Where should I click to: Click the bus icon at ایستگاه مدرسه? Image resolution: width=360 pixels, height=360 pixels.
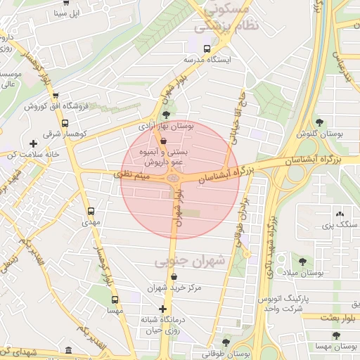pos(207,49)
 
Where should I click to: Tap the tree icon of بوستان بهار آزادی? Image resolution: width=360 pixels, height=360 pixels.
pos(166,114)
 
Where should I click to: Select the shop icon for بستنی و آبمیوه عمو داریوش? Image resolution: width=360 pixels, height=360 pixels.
pos(164,141)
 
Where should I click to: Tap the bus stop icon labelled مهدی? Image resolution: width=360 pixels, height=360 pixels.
pos(91,211)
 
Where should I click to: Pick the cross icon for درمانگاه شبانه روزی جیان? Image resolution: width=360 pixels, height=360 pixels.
pos(163,309)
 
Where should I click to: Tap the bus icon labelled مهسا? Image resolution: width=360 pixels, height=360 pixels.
pos(115,298)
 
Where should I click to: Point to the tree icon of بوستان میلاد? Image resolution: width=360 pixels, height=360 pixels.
pos(303,262)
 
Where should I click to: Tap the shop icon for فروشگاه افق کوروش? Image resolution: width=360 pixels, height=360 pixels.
pos(56,97)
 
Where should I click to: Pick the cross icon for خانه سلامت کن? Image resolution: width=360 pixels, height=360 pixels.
pos(33,144)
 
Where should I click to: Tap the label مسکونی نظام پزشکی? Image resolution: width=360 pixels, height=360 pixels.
pos(226,18)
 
